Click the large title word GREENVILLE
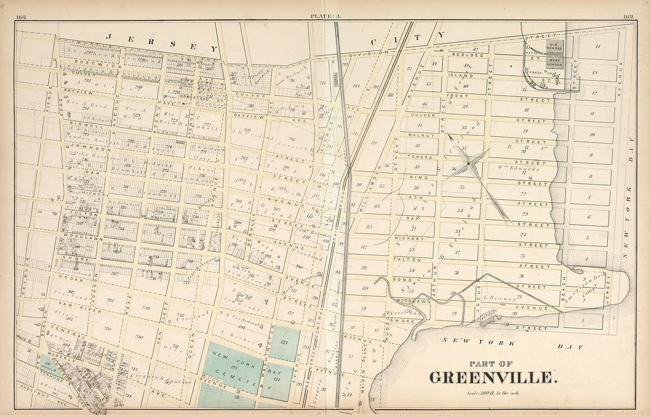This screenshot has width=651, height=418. tap(492, 377)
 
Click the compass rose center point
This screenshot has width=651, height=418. tap(468, 163)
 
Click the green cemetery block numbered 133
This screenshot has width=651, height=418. tap(283, 343)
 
